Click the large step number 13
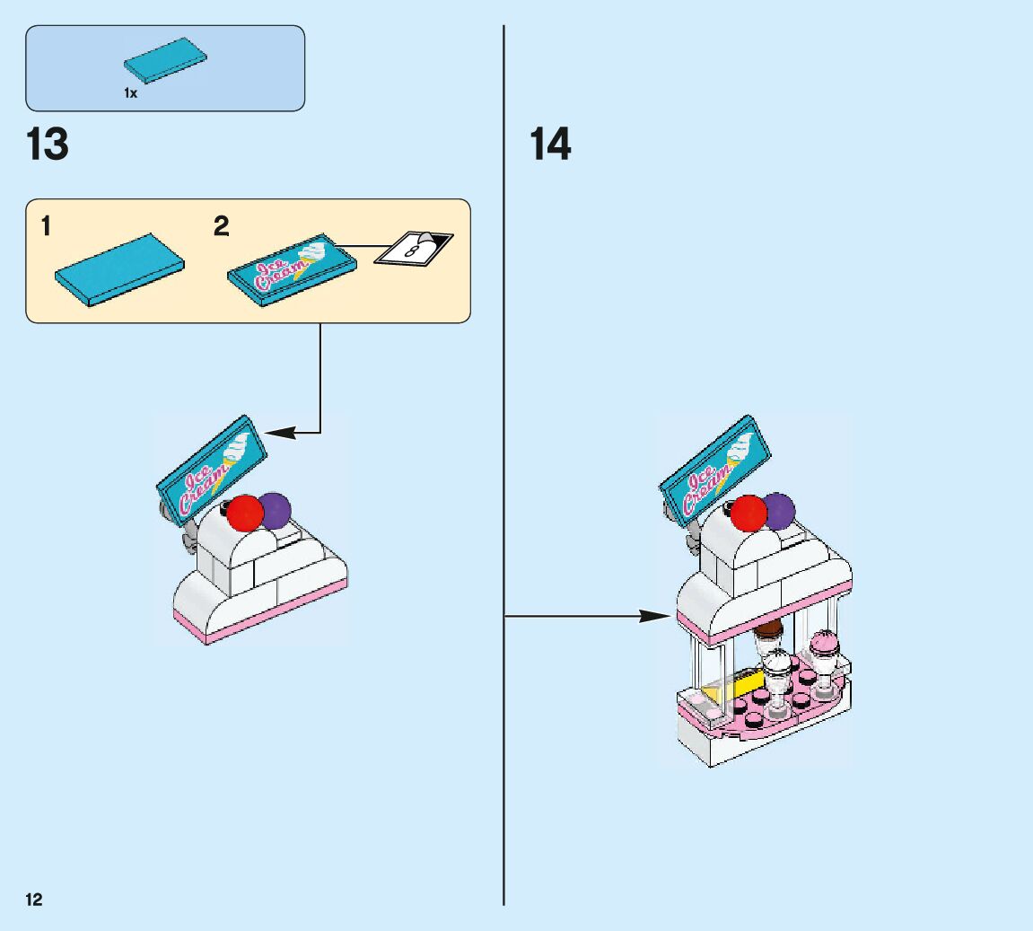point(48,145)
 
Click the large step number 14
point(549,145)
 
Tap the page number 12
point(34,900)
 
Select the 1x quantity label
point(131,93)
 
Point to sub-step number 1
point(46,226)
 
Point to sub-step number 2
point(221,226)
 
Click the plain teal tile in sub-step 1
point(119,269)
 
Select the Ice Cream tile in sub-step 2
point(293,266)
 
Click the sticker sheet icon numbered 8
point(414,248)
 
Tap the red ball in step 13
point(244,514)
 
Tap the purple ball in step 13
point(275,510)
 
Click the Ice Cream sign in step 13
point(214,470)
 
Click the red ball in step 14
point(748,514)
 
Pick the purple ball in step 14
point(779,510)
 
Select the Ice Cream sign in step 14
point(716,470)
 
